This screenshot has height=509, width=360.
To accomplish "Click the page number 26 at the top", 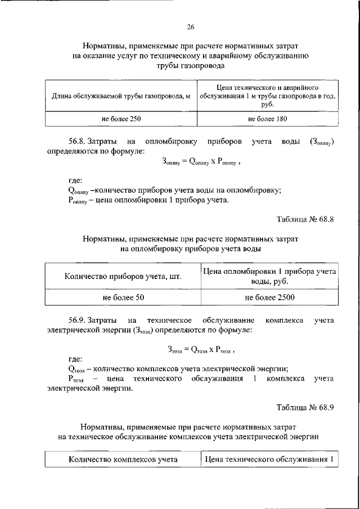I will (190, 26).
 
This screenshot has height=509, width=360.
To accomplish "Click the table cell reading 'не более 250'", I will (121, 119).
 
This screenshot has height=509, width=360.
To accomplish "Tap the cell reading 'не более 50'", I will (123, 297).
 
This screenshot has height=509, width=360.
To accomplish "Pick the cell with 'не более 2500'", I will (269, 297).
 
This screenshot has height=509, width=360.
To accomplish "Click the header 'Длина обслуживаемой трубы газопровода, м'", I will (121, 96).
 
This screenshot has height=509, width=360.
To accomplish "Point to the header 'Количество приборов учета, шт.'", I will (123, 276).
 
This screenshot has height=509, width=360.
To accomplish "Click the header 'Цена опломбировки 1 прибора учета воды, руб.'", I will (269, 276).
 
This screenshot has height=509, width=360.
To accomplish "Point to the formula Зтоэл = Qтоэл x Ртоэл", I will (200, 349).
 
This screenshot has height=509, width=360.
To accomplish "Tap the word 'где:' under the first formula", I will (75, 181).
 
